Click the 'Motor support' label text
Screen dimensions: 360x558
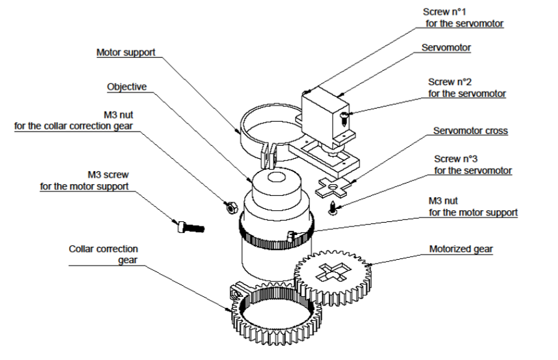126,52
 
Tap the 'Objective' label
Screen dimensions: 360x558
126,87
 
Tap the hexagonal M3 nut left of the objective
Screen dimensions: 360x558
229,208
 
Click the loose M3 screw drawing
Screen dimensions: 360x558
189,227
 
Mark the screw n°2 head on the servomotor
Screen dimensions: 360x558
344,115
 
